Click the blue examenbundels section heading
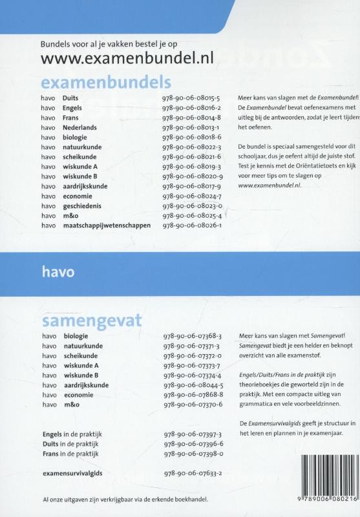coord(106,83)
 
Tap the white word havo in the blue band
coord(57,272)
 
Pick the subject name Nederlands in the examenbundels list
coord(80,127)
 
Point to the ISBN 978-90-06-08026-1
coord(192,226)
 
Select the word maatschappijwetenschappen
coord(107,226)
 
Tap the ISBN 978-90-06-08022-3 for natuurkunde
coord(192,147)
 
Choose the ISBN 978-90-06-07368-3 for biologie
coord(192,336)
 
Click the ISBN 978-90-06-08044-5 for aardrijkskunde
coord(192,385)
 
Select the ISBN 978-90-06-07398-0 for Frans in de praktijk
coord(192,454)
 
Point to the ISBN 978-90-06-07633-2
coord(192,474)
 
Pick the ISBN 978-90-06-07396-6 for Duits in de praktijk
coord(192,445)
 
